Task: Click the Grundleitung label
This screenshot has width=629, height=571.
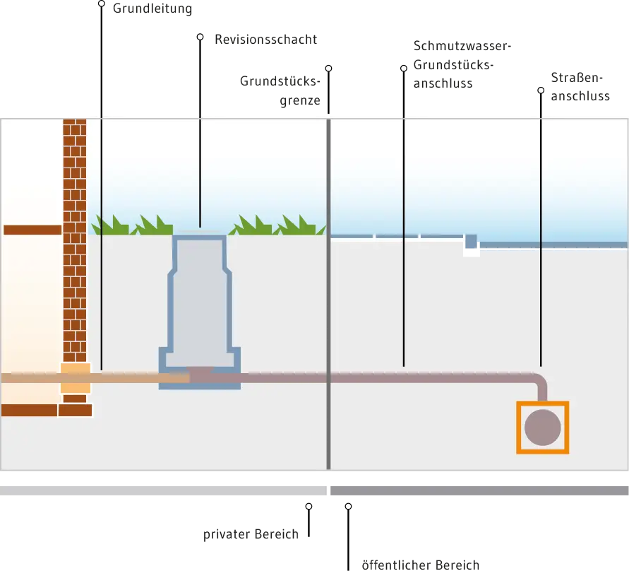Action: tap(152, 8)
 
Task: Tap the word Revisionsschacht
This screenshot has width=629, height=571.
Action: tap(266, 40)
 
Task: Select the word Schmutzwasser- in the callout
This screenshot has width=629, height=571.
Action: tap(462, 46)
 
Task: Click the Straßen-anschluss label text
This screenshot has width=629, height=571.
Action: tap(580, 87)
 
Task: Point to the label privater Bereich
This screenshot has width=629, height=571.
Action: tap(251, 534)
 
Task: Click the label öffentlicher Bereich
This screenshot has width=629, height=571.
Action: tap(421, 565)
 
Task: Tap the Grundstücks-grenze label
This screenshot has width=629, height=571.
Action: tap(280, 90)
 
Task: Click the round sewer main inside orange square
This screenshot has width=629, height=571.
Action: tap(542, 428)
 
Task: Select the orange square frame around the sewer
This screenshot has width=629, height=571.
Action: tap(518, 428)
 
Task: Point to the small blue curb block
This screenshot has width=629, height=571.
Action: tap(471, 241)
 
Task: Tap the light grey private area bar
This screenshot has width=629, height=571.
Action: tap(163, 490)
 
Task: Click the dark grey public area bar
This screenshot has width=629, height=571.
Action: tap(479, 490)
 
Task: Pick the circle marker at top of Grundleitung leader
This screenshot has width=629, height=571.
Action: tap(102, 4)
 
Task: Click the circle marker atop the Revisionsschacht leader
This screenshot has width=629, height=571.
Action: tap(200, 37)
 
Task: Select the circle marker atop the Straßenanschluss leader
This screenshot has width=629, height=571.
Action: tap(541, 90)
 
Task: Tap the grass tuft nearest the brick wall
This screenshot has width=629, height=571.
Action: tap(110, 226)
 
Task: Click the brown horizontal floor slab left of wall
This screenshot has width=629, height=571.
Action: tap(32, 230)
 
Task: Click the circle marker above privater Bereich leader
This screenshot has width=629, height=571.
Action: tap(308, 507)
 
